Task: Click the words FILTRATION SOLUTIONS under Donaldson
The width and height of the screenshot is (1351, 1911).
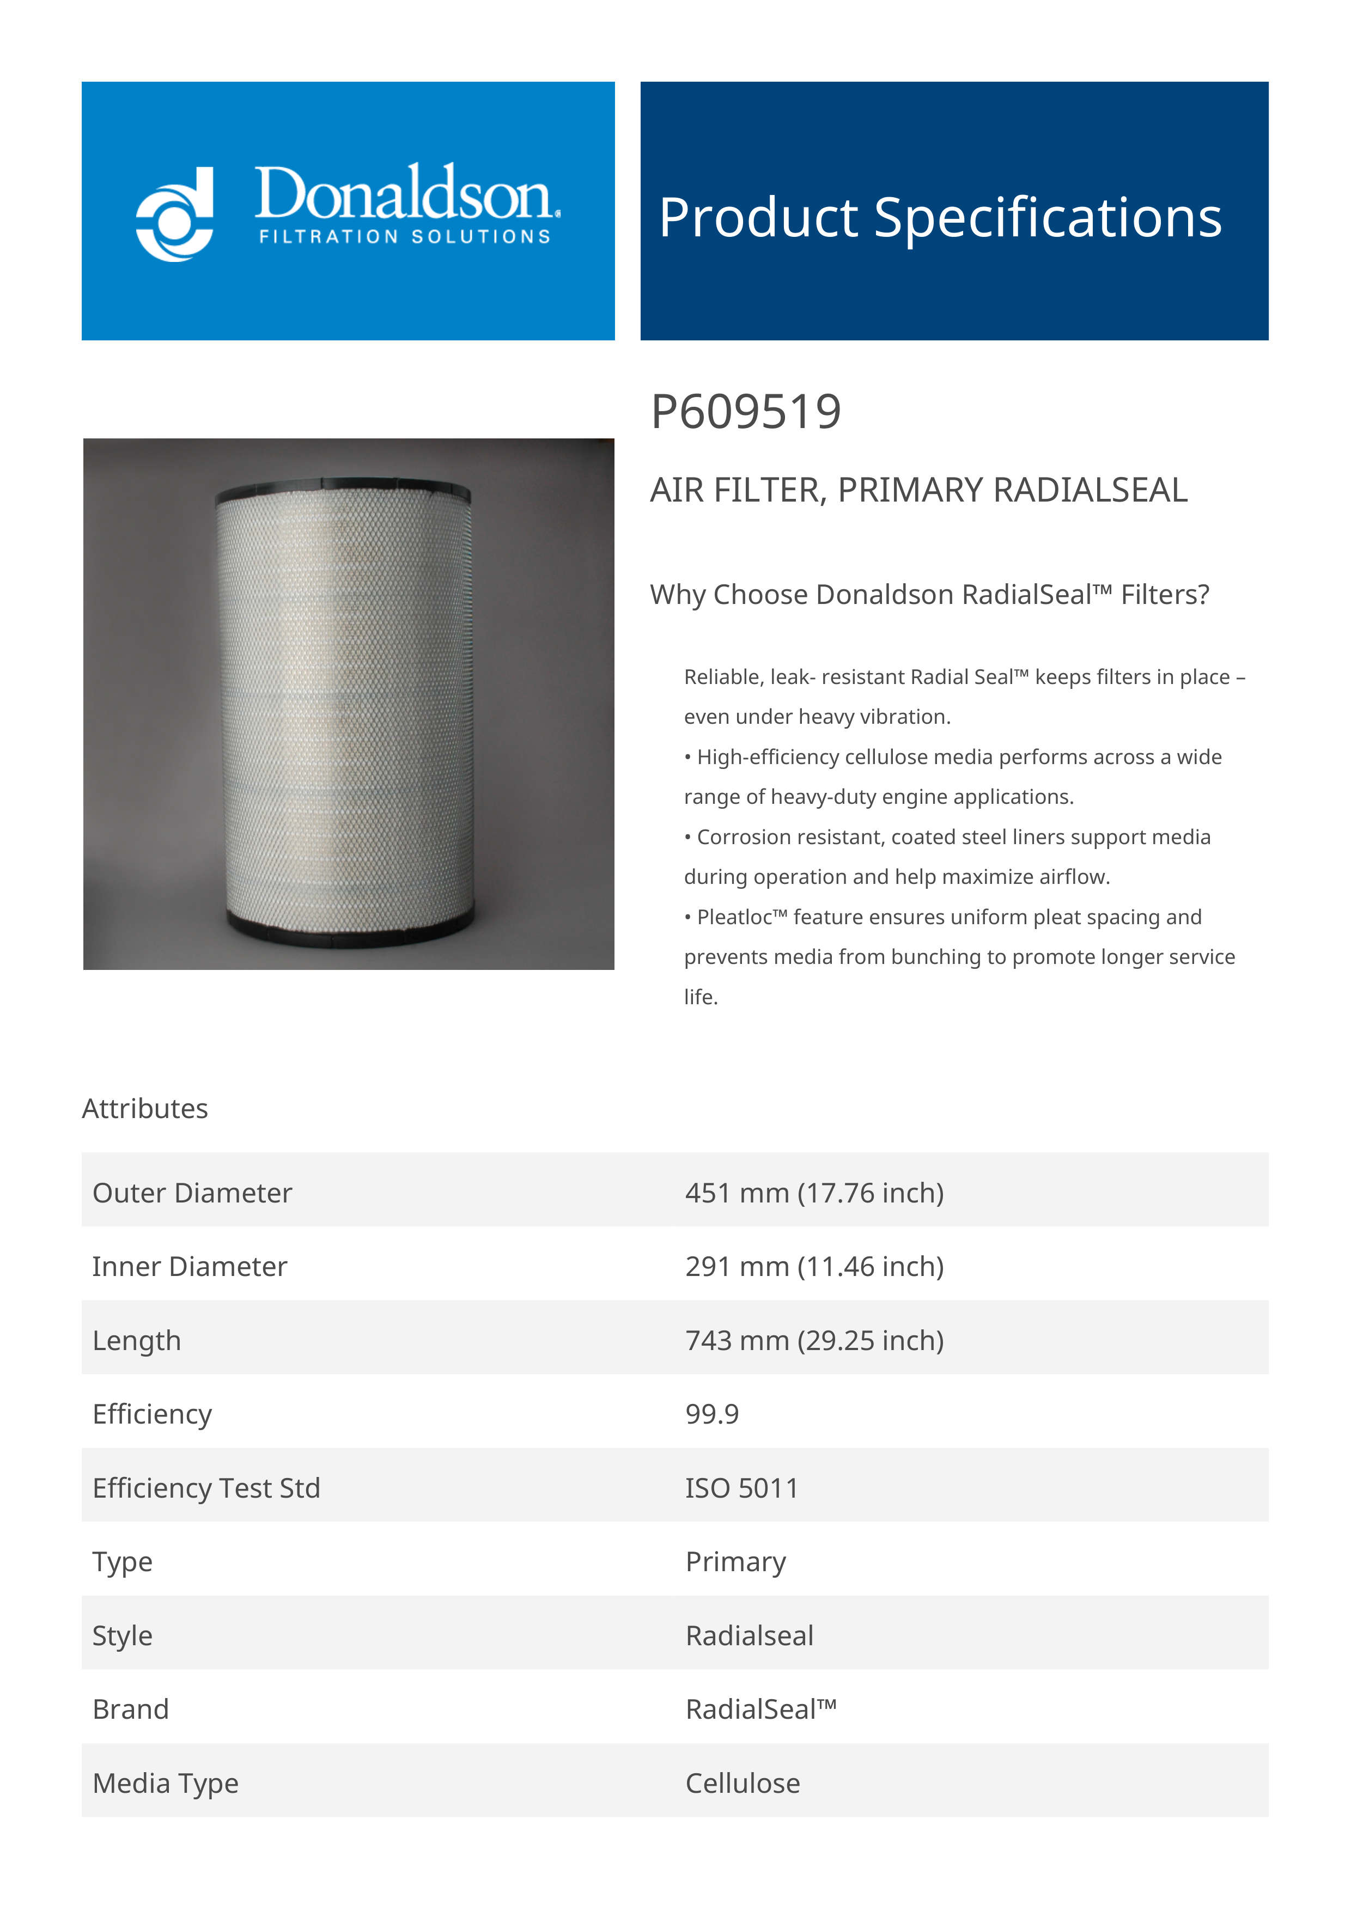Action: pos(405,237)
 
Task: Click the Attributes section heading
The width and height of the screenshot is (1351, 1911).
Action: pos(145,1109)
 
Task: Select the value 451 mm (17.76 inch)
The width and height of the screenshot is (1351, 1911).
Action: pos(814,1193)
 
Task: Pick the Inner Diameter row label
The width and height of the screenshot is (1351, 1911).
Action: pos(190,1266)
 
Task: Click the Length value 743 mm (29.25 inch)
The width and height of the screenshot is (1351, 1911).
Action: pos(814,1340)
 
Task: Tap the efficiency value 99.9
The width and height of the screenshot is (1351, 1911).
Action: pos(711,1414)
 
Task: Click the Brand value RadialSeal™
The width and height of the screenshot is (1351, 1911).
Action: pos(760,1709)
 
